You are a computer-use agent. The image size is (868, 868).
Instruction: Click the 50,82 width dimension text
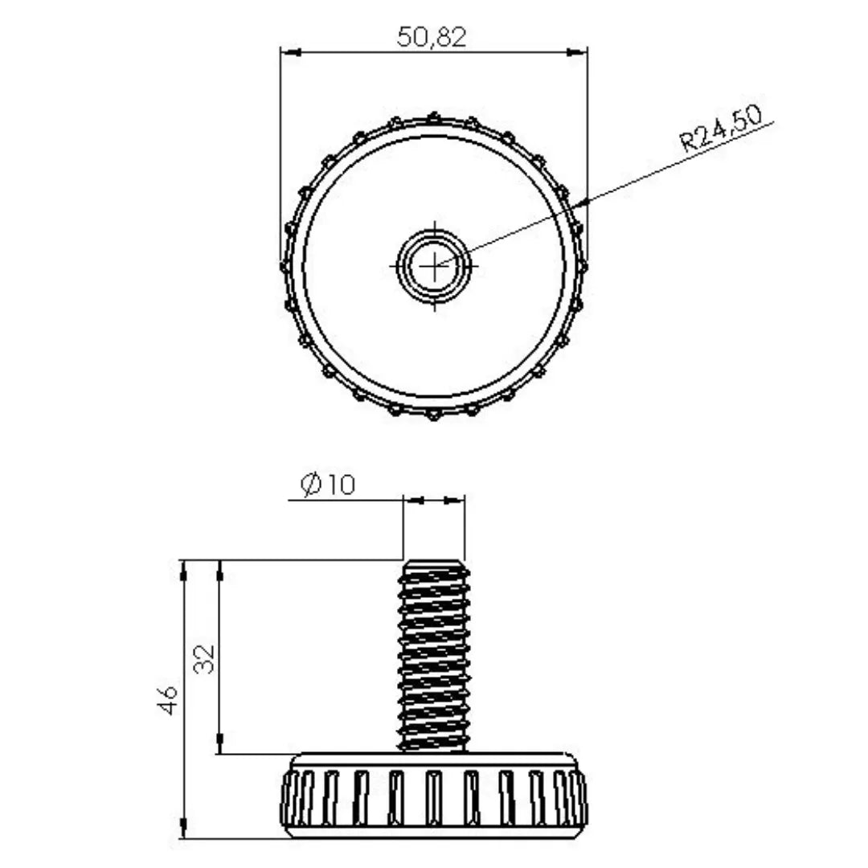pos(432,36)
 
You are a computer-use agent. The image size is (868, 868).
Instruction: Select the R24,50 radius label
pos(720,129)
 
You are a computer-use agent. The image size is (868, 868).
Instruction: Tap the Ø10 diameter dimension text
pos(328,485)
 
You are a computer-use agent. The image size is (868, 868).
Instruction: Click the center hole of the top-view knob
pos(434,264)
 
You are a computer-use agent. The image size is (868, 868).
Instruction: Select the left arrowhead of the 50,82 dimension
pos(289,53)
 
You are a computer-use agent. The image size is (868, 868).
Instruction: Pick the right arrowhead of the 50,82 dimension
pos(578,53)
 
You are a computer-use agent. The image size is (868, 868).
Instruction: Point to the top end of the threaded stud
pos(434,563)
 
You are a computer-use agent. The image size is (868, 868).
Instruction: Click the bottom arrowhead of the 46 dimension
pos(184,829)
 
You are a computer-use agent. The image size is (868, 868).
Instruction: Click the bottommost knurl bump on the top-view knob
pos(434,416)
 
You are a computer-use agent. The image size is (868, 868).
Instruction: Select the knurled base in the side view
pos(434,796)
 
